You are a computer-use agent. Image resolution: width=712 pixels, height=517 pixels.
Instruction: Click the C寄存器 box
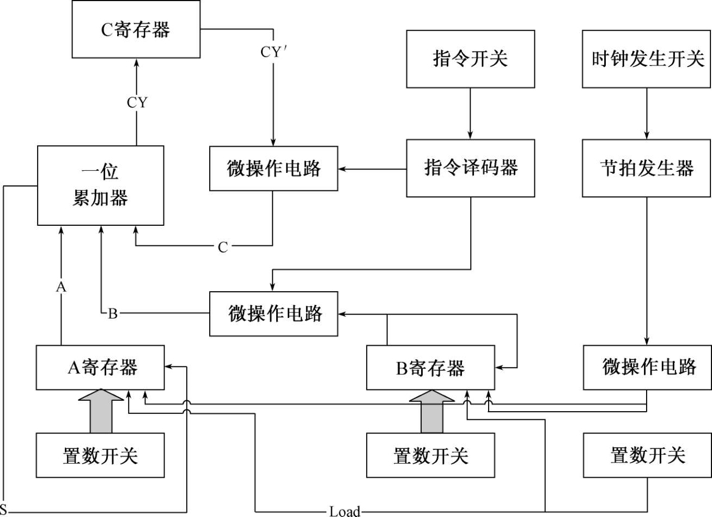tap(136, 29)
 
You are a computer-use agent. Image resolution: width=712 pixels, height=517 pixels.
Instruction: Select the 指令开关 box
tap(470, 59)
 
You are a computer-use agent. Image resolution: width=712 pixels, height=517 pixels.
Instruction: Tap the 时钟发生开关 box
tap(647, 59)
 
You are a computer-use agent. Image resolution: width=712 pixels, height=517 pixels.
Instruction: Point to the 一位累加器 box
tap(100, 185)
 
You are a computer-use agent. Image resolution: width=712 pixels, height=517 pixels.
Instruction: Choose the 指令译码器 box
tap(470, 168)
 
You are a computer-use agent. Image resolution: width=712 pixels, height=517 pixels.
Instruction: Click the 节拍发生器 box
tap(647, 168)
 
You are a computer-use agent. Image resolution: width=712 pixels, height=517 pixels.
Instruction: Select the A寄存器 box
tap(100, 368)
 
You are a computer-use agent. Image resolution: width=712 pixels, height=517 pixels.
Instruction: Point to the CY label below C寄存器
tap(137, 103)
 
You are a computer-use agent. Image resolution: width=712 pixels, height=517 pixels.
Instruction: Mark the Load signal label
tap(344, 511)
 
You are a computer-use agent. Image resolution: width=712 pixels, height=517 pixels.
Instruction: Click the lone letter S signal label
tap(4, 511)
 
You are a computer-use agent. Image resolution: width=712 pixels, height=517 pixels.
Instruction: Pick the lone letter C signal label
tap(223, 248)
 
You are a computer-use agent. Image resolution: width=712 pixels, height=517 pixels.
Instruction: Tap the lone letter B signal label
tap(113, 314)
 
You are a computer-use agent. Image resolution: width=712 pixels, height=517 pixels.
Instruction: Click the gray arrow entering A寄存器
tap(101, 411)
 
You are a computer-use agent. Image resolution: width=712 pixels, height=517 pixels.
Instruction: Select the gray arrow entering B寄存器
tap(431, 411)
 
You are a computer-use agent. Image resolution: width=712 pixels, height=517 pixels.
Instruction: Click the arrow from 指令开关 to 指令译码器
tap(470, 113)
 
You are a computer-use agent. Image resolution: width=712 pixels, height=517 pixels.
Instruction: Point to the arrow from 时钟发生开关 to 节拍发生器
tap(647, 113)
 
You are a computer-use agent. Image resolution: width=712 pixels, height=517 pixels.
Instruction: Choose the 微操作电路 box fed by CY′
tap(273, 169)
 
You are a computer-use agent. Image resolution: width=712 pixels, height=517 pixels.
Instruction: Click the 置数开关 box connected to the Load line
tap(647, 455)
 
